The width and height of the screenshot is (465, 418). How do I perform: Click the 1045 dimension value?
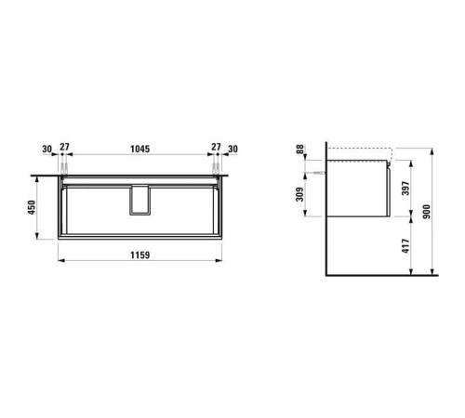click(x=139, y=148)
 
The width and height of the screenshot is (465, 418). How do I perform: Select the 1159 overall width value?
click(x=139, y=255)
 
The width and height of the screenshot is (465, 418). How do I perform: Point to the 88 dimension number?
click(x=299, y=151)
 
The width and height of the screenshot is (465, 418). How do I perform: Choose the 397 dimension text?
click(x=404, y=189)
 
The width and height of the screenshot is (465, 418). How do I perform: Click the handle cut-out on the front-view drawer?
click(x=139, y=202)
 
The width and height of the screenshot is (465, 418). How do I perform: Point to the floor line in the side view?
click(x=381, y=277)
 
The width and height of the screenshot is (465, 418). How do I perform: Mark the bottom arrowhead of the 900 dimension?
click(x=435, y=273)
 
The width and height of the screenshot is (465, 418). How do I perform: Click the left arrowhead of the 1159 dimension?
click(x=62, y=263)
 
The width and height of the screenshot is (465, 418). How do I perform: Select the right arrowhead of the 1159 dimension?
click(x=219, y=263)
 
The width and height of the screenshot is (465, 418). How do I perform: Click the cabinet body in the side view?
click(x=358, y=190)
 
